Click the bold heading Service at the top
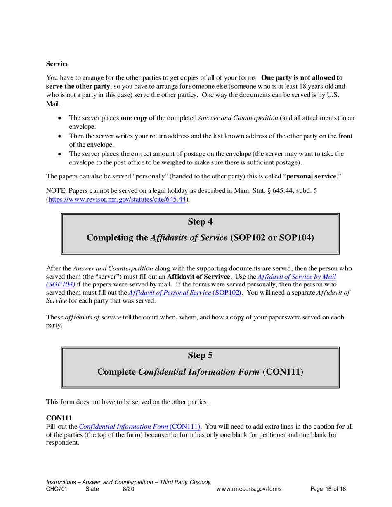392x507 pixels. pyautogui.click(x=57, y=64)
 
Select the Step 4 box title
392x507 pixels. pyautogui.click(x=200, y=222)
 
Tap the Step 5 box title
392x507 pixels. pyautogui.click(x=200, y=354)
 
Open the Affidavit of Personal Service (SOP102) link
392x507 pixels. pyautogui.click(x=185, y=293)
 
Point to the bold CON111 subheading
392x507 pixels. pyautogui.click(x=57, y=418)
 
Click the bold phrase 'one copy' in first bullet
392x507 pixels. pyautogui.click(x=134, y=118)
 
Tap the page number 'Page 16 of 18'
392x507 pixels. pyautogui.click(x=328, y=489)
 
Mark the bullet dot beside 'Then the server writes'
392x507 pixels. pyautogui.click(x=61, y=136)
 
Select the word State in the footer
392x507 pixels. pyautogui.click(x=92, y=489)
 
